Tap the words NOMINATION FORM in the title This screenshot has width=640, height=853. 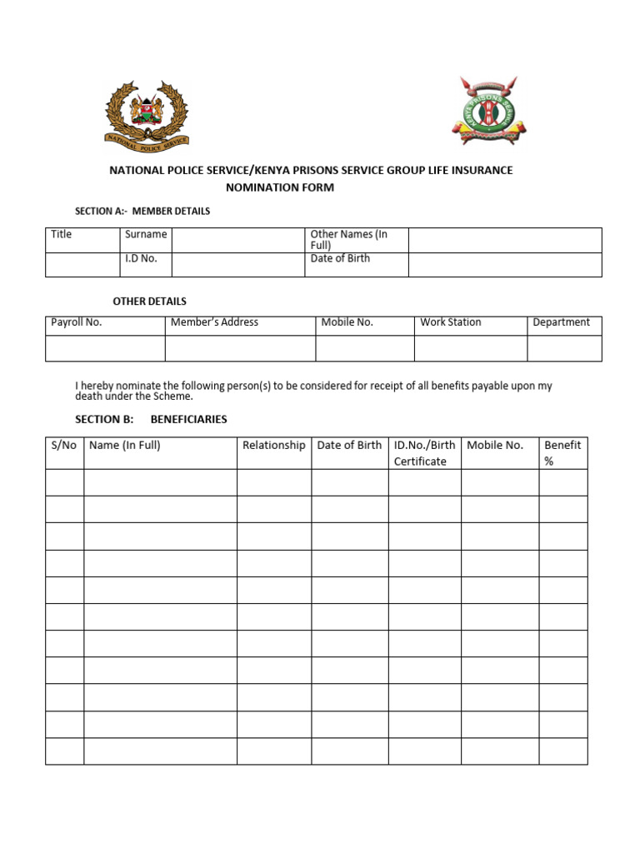pyautogui.click(x=280, y=187)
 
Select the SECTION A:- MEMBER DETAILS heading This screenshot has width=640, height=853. pyautogui.click(x=142, y=211)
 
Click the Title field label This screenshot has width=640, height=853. pyautogui.click(x=62, y=235)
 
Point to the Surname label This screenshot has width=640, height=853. pyautogui.click(x=146, y=235)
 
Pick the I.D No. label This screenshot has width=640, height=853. pyautogui.click(x=142, y=259)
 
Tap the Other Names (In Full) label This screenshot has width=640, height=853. pyautogui.click(x=348, y=240)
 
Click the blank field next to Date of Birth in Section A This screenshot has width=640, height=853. pyautogui.click(x=504, y=265)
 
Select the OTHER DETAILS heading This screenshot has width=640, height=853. pyautogui.click(x=150, y=301)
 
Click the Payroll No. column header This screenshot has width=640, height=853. pyautogui.click(x=77, y=322)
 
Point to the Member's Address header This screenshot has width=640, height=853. pyautogui.click(x=214, y=322)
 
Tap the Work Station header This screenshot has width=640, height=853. pyautogui.click(x=451, y=322)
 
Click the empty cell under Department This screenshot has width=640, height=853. pyautogui.click(x=564, y=348)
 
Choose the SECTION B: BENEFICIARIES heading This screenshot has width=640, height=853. pyautogui.click(x=151, y=419)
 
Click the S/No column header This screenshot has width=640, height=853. pyautogui.click(x=64, y=446)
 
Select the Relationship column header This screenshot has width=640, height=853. pyautogui.click(x=274, y=446)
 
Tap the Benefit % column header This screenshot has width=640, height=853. pyautogui.click(x=562, y=452)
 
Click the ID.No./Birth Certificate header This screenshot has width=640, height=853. pyautogui.click(x=424, y=452)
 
